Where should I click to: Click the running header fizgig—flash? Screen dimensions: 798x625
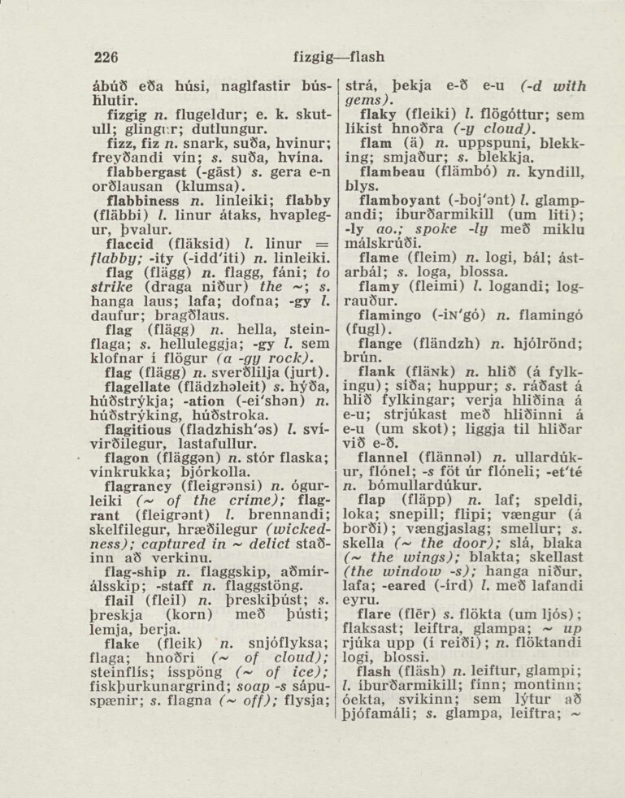pyautogui.click(x=337, y=57)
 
